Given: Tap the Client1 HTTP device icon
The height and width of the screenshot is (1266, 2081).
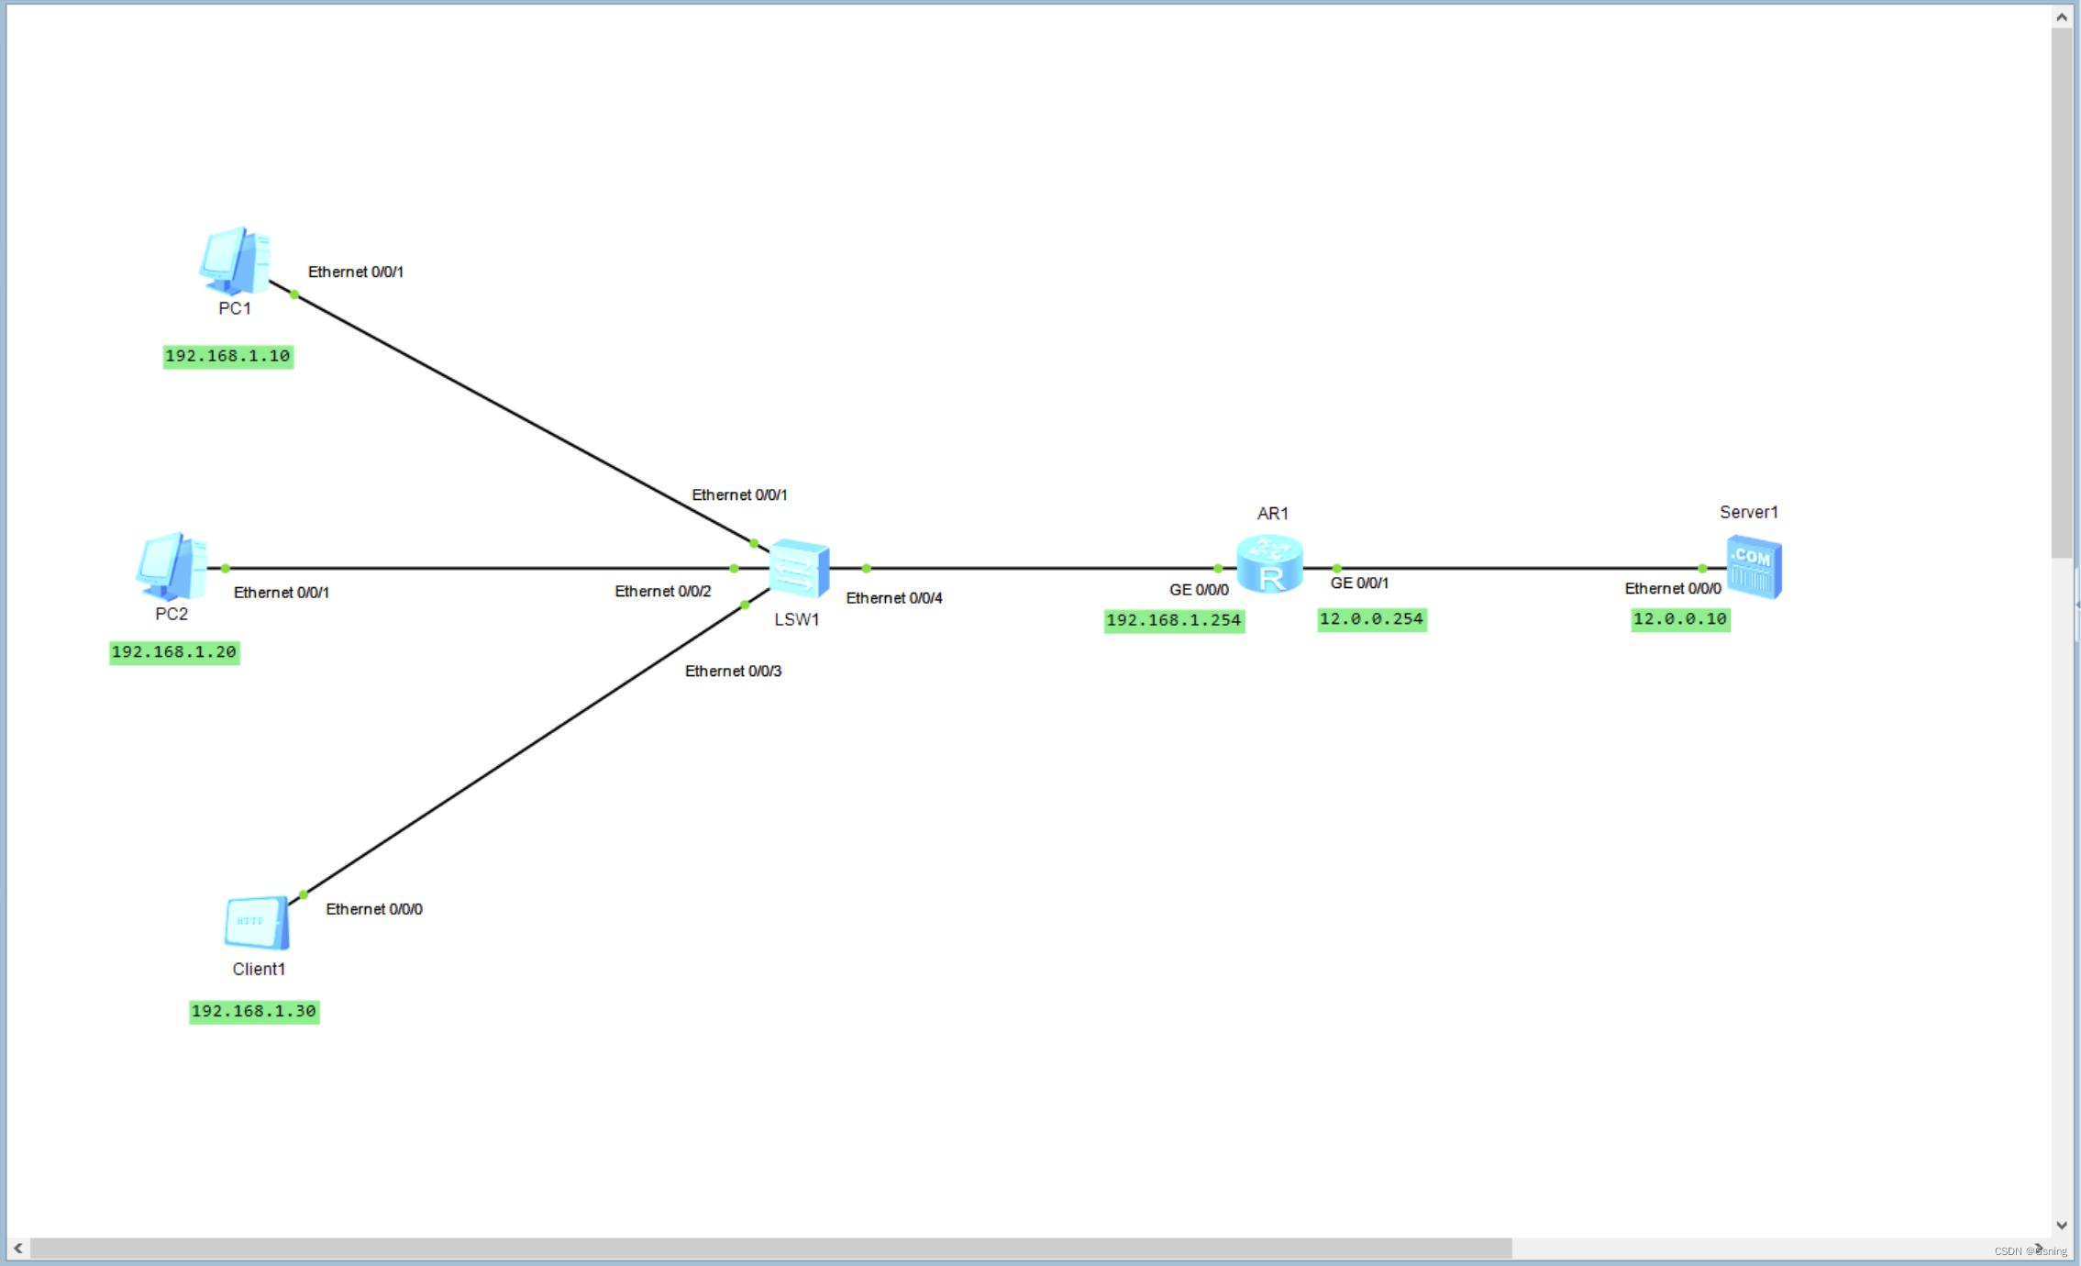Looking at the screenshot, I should pyautogui.click(x=257, y=922).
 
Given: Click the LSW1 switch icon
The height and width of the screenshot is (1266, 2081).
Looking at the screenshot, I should pyautogui.click(x=799, y=568).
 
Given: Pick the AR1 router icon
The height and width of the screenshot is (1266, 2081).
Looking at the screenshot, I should pyautogui.click(x=1269, y=564).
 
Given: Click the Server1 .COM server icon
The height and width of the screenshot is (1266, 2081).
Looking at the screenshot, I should pyautogui.click(x=1754, y=567).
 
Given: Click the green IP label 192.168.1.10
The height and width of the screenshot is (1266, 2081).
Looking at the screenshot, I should pyautogui.click(x=227, y=356).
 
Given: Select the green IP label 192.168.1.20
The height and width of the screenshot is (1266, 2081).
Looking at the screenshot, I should pyautogui.click(x=174, y=652).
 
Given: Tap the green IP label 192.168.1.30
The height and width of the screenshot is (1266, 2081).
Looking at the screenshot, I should pyautogui.click(x=254, y=1011).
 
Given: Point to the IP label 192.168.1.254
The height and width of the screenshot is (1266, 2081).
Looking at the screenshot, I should pyautogui.click(x=1174, y=620).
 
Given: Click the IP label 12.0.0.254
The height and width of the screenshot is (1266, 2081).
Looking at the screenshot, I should pyautogui.click(x=1371, y=619).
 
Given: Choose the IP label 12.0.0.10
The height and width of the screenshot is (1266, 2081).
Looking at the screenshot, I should pyautogui.click(x=1680, y=619).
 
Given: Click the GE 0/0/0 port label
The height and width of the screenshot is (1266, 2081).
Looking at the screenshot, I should pyautogui.click(x=1199, y=590).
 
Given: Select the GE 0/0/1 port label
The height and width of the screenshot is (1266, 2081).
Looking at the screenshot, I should pyautogui.click(x=1359, y=583).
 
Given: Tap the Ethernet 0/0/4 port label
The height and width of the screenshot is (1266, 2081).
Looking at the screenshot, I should pyautogui.click(x=893, y=598).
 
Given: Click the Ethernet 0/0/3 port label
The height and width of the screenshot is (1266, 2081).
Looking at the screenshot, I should pyautogui.click(x=733, y=672).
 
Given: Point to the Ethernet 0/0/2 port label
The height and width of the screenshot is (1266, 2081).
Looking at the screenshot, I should pyautogui.click(x=662, y=592).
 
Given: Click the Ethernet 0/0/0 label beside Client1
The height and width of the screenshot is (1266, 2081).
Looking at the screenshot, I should pyautogui.click(x=374, y=909).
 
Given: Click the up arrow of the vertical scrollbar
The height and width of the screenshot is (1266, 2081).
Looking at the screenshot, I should pyautogui.click(x=2062, y=17).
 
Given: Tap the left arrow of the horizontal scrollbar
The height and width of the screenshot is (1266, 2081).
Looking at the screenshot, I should pyautogui.click(x=18, y=1249).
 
